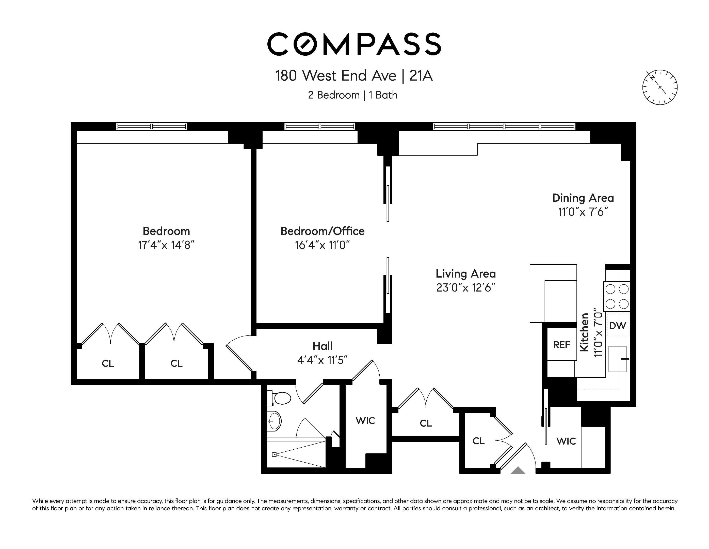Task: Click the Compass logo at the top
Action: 354,44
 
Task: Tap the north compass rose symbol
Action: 660,87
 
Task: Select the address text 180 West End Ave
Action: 336,76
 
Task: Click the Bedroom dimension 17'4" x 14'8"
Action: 166,245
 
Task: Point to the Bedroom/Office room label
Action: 322,231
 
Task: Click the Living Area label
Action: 465,273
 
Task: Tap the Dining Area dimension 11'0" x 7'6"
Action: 583,212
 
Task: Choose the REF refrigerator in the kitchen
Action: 562,345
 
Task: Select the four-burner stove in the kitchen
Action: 617,296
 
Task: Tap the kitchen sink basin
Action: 617,359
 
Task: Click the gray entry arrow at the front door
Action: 518,470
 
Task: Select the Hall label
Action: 322,346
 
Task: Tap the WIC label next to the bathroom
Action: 365,421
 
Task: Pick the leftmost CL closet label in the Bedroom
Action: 108,363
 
